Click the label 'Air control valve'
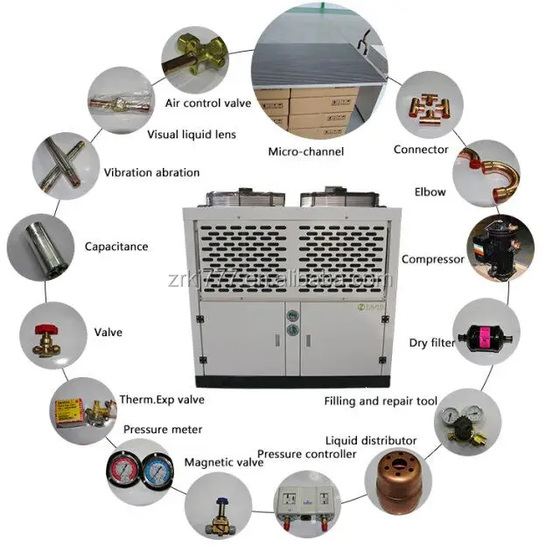coord(208,103)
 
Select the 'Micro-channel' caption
coord(306,151)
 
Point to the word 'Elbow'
coord(430,192)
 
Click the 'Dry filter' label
coord(432,343)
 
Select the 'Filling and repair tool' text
coord(381,402)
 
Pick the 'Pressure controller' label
coord(306,454)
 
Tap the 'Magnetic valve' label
coord(223,462)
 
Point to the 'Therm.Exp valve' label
coord(162,400)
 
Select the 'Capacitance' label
coord(116,247)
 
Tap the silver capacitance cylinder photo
coord(37,246)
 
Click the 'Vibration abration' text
coord(151,172)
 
